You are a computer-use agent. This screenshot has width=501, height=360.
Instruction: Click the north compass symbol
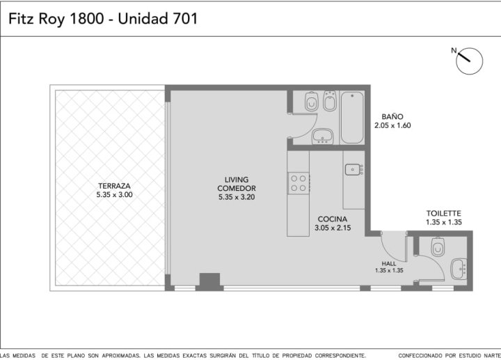tap(469, 61)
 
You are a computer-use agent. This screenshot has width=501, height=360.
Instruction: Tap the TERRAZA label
tap(114, 186)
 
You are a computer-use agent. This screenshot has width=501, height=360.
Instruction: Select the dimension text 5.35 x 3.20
tap(237, 197)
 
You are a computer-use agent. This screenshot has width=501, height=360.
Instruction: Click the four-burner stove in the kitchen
tap(299, 183)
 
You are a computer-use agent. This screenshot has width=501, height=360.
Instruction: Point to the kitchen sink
tap(354, 169)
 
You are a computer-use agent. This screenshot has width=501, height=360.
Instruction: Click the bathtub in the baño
tap(352, 118)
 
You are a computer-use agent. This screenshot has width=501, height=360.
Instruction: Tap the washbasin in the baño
tap(323, 136)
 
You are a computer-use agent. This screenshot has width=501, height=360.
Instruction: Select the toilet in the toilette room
tap(438, 246)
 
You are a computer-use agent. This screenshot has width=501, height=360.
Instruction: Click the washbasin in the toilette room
tap(459, 269)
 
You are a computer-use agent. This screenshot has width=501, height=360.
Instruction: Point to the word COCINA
tap(333, 219)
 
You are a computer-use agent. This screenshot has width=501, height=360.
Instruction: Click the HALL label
tap(389, 263)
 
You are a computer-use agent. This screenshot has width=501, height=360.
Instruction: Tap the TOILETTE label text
tap(443, 213)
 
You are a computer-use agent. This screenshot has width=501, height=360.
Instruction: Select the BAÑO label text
tap(392, 116)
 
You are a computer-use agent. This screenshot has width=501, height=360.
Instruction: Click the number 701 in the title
tap(185, 19)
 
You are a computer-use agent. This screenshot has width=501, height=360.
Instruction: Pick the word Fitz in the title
tap(21, 19)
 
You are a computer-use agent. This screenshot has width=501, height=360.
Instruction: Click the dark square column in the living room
tap(209, 280)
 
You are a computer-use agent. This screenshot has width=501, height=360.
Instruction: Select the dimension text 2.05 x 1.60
tap(392, 125)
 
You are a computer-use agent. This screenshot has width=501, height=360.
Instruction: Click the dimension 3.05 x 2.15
tap(333, 228)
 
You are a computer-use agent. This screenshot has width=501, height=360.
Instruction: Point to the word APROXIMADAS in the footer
tap(121, 356)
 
